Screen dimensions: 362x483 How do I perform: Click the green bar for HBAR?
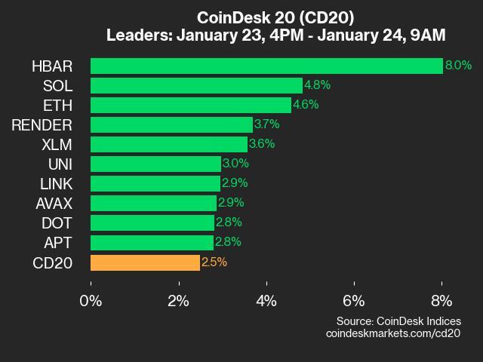pyautogui.click(x=266, y=66)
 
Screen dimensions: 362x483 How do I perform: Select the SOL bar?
pyautogui.click(x=196, y=85)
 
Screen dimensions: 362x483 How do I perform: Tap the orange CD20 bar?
pyautogui.click(x=145, y=262)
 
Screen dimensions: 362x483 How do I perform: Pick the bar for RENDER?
pyautogui.click(x=171, y=124)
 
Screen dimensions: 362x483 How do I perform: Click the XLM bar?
pyautogui.click(x=168, y=144)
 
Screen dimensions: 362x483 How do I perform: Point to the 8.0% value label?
pyautogui.click(x=458, y=66)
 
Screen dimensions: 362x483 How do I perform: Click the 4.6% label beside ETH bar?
pyautogui.click(x=305, y=105)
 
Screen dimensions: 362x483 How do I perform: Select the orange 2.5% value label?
pyautogui.click(x=214, y=262)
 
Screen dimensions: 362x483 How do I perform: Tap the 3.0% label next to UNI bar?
pyautogui.click(x=235, y=164)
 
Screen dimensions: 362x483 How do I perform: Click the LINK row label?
pyautogui.click(x=56, y=183)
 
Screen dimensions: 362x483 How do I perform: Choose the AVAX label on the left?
pyautogui.click(x=54, y=203)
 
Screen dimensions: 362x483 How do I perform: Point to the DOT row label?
pyautogui.click(x=57, y=222)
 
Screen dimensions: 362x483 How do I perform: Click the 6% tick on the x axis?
pyautogui.click(x=354, y=300)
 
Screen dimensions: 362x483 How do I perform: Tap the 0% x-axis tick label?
pyautogui.click(x=91, y=300)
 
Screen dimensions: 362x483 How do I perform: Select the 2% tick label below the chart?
pyautogui.click(x=178, y=300)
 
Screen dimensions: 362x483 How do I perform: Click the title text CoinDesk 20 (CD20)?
pyautogui.click(x=275, y=17)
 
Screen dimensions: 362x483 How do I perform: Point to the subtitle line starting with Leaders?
pyautogui.click(x=275, y=35)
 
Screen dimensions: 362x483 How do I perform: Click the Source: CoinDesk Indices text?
pyautogui.click(x=398, y=321)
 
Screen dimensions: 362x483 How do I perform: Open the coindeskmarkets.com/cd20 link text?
pyautogui.click(x=392, y=333)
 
